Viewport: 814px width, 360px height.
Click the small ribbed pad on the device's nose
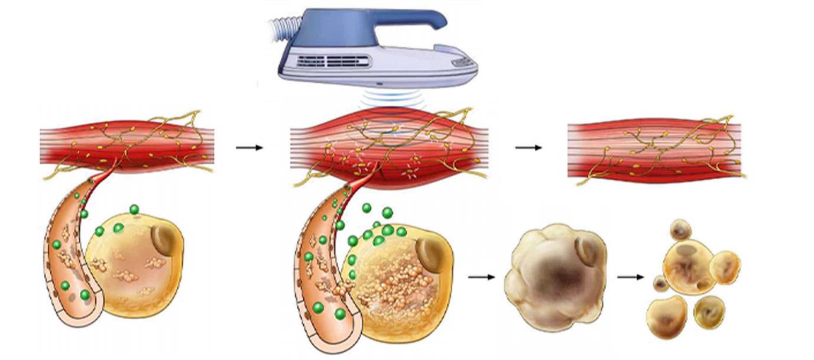[x=461, y=61]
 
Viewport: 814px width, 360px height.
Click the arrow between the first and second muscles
[x=249, y=147]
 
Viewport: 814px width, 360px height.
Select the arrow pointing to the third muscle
[x=528, y=147]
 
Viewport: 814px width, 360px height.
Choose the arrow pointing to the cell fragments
[x=630, y=276]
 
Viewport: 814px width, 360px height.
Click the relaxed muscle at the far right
[x=653, y=150]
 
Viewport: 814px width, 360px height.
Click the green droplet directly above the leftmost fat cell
[x=134, y=209]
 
